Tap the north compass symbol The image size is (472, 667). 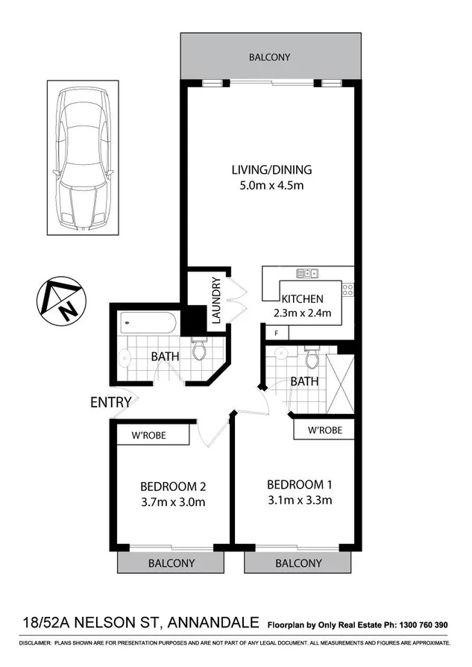(x=63, y=304)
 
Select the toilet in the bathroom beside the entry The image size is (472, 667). (x=200, y=349)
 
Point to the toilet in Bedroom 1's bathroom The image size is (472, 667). (x=313, y=360)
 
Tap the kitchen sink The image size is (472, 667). (x=307, y=274)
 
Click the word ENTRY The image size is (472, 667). (x=110, y=402)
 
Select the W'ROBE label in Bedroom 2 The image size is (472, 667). (x=148, y=435)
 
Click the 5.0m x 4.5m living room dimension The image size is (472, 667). (x=271, y=186)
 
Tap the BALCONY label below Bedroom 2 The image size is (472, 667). (x=171, y=563)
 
